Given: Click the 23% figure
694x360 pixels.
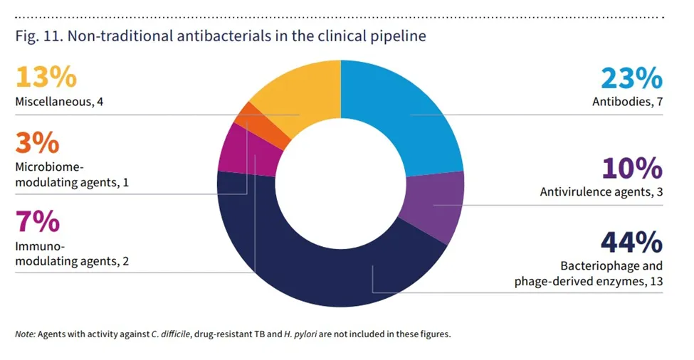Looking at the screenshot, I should pyautogui.click(x=631, y=79).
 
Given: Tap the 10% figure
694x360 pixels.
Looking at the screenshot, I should pyautogui.click(x=631, y=169).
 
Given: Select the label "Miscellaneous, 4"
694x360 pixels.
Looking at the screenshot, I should pyautogui.click(x=60, y=102).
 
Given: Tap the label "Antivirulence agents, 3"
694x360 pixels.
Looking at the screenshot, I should pyautogui.click(x=601, y=191).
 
